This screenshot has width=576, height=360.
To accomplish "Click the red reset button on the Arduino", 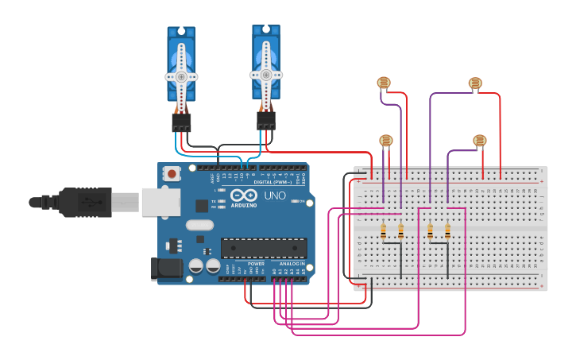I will click(x=172, y=173).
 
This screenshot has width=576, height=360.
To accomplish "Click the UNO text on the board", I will click(x=275, y=195).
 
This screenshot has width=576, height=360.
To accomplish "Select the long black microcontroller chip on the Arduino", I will click(x=264, y=248).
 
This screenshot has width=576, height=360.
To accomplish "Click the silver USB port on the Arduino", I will click(x=162, y=202).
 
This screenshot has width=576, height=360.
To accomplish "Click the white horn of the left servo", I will click(x=181, y=77).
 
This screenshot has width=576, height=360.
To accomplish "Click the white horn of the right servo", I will click(x=266, y=75).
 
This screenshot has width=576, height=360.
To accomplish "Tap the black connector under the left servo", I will click(x=181, y=122).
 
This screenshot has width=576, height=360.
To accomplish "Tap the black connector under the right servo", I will click(x=266, y=120).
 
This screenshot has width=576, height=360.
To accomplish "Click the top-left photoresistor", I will click(x=384, y=83).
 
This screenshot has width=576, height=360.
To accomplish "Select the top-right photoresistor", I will click(x=475, y=83).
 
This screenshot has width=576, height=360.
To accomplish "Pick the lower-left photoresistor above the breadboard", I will click(x=386, y=141).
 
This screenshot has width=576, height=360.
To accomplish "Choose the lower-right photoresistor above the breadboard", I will click(x=479, y=141).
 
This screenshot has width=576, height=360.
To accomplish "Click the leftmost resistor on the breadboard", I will click(x=384, y=231).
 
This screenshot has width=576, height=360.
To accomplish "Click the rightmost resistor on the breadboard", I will click(x=447, y=231).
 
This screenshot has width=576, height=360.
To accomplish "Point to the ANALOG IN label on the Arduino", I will click(x=292, y=264).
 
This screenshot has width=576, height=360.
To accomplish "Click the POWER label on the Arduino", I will click(x=256, y=264).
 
